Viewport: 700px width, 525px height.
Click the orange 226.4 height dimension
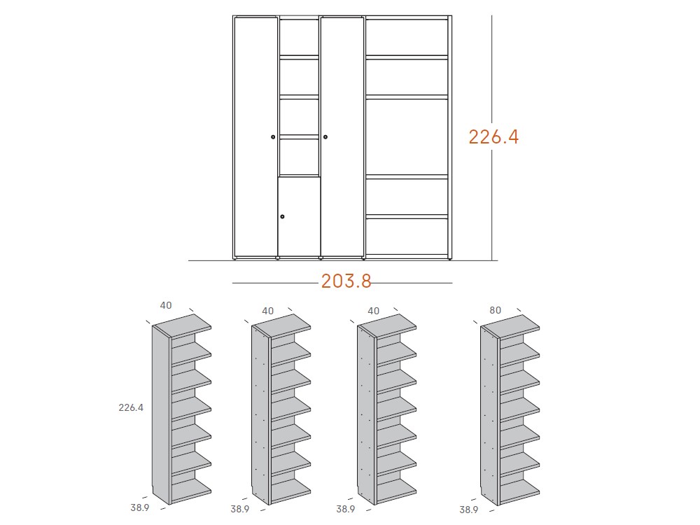coord(493,136)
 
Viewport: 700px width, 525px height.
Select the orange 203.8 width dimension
coord(346,281)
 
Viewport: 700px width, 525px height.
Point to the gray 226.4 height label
coord(131,408)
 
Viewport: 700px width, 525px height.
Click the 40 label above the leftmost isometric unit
coord(166,305)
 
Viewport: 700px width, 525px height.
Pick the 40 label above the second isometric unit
coord(267,311)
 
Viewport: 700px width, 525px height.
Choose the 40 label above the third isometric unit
coord(373,311)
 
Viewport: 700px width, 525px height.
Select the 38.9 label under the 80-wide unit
coord(468,510)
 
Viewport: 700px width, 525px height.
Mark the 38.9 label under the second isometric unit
coord(239,510)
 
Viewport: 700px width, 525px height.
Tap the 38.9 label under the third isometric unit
coord(346,510)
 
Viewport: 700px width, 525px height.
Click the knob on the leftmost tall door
coord(273,137)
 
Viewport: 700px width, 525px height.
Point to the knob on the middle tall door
coord(325,136)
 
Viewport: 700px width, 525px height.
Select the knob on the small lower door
coord(282,216)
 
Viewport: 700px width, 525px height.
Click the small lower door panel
coord(300,217)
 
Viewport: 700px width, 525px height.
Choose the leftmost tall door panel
coord(255,137)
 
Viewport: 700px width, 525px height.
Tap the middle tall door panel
coord(342,137)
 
